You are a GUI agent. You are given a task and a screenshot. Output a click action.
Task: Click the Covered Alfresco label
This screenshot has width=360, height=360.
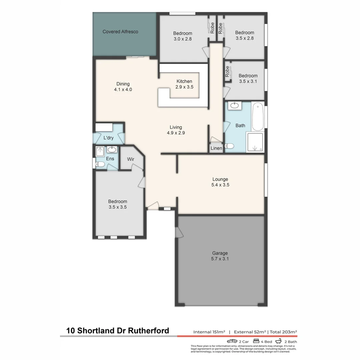120,32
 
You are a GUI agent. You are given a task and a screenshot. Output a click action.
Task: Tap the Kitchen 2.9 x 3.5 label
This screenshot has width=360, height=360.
184,84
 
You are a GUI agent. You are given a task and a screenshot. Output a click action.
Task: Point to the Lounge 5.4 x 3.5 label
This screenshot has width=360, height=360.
220,182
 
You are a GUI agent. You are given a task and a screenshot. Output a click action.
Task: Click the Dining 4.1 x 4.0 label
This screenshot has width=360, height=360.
123,87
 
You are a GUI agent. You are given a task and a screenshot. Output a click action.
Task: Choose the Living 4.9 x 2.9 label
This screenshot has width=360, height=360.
176,130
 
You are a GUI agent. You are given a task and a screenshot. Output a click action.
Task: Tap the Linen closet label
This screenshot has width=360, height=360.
216,148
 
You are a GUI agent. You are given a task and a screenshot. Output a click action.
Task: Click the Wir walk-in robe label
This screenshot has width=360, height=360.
131,159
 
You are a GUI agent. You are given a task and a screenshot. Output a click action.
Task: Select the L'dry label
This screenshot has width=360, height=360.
108,138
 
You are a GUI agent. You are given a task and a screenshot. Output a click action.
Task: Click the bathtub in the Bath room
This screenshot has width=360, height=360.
258,117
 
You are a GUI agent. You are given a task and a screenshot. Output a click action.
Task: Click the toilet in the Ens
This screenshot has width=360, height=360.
99,164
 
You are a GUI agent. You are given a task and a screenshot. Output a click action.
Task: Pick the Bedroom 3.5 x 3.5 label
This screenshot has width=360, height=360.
117,204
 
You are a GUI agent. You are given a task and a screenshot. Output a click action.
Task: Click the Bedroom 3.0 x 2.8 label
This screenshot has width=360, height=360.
182,36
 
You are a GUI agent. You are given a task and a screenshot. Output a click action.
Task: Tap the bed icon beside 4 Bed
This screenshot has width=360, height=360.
256,341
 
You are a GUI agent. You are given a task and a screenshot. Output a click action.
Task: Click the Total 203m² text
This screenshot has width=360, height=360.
283,332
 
